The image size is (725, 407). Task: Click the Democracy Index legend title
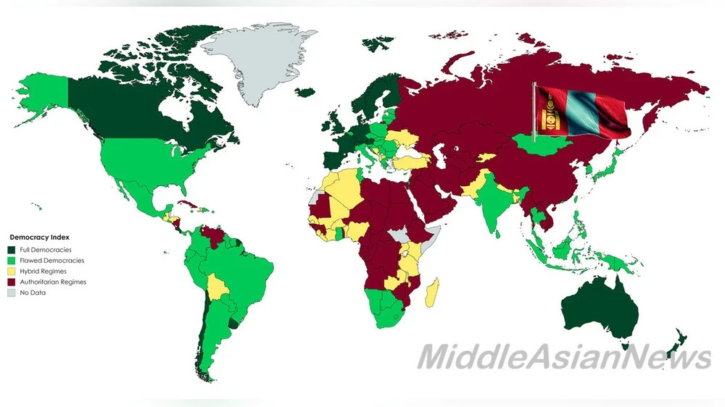(x=39, y=238)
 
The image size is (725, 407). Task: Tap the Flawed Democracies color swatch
(x=12, y=261)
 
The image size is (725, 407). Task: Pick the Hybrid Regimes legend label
(x=43, y=272)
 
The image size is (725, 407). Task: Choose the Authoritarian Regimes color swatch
(x=12, y=282)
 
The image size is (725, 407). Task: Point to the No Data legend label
(x=33, y=293)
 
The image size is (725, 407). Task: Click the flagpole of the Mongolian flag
(x=534, y=112)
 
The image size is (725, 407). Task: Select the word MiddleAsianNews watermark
(x=563, y=356)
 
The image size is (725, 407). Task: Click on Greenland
(x=257, y=62)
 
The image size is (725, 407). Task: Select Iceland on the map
(x=307, y=92)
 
